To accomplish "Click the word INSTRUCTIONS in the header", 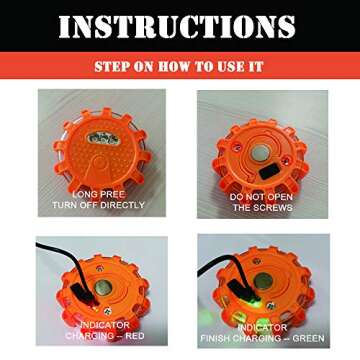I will (179, 27).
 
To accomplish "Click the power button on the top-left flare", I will (100, 137).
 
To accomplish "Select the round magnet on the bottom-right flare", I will (262, 283).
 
